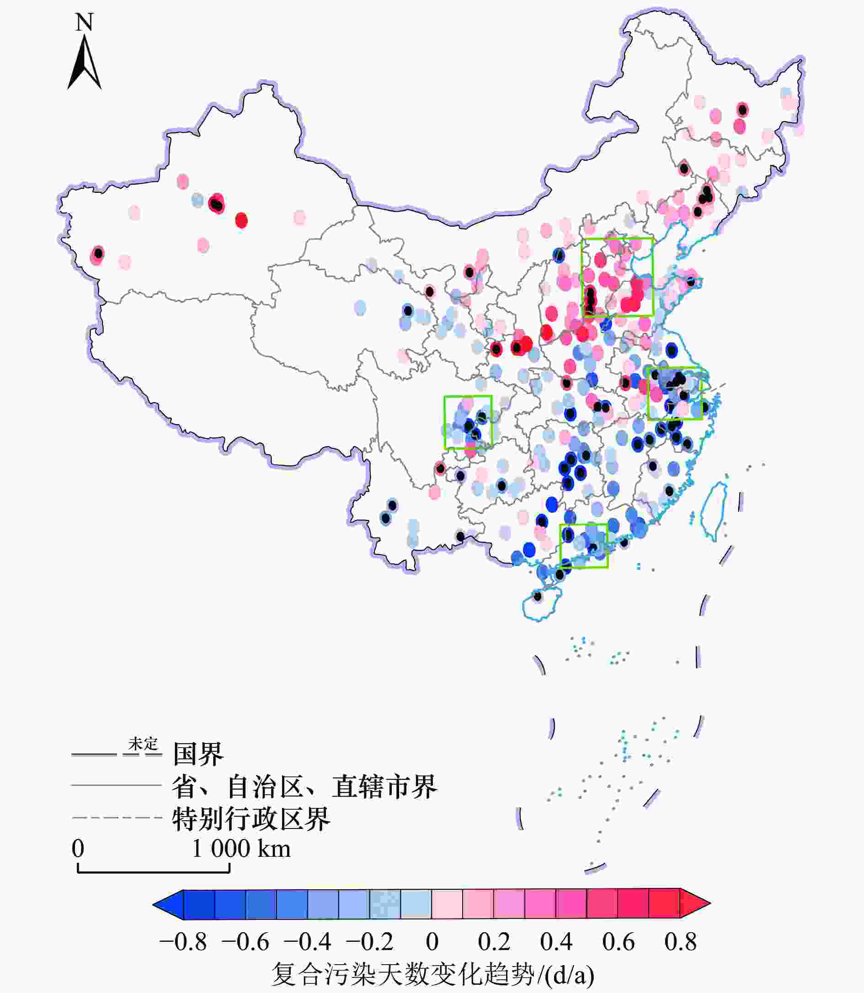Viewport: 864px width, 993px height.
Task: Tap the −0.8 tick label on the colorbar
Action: (x=183, y=942)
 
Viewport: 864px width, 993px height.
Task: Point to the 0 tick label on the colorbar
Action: (x=432, y=942)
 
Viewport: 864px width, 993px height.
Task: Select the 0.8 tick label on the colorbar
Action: (x=680, y=942)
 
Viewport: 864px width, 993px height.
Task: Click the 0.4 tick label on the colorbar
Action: (x=556, y=942)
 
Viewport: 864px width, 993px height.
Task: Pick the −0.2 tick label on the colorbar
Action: (x=369, y=942)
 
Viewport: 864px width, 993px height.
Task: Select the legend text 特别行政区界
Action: (x=251, y=819)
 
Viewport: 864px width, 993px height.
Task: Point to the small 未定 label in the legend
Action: (x=143, y=744)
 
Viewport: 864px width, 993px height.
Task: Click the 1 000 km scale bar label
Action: (x=241, y=849)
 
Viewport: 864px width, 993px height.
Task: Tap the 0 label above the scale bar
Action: (x=78, y=849)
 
